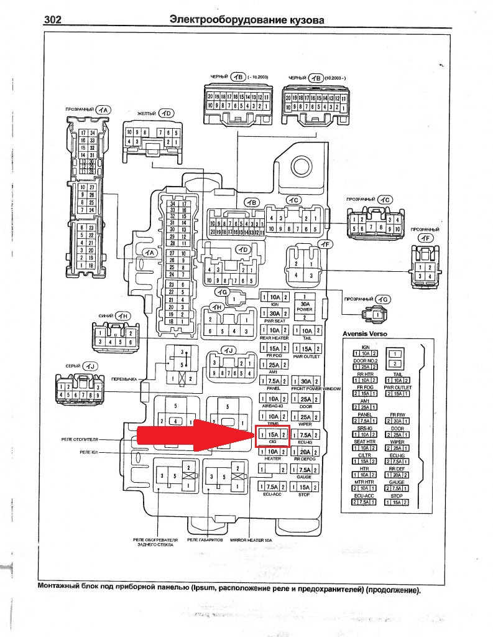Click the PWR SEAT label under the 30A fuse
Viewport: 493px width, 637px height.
274,322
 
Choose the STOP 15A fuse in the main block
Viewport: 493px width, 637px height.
305,487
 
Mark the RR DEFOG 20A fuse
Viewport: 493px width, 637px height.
305,452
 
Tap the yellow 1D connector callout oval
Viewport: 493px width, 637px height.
166,113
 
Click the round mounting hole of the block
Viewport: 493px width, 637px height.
302,165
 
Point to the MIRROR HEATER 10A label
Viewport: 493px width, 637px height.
251,541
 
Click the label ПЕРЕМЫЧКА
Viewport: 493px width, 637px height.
124,379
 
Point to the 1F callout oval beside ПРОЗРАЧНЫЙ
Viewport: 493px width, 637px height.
425,238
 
